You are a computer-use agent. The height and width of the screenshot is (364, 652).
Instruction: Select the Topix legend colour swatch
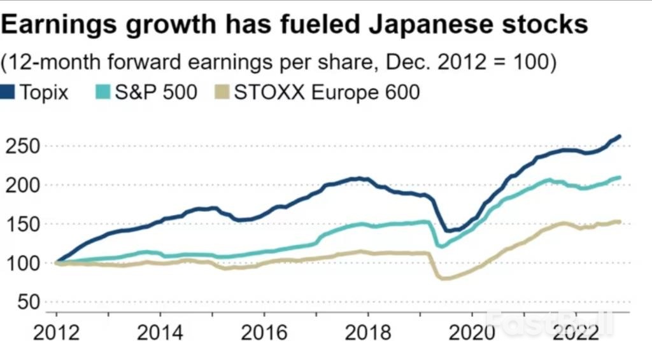[x=8, y=92]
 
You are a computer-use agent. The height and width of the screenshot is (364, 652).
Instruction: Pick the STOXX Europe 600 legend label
[x=327, y=92]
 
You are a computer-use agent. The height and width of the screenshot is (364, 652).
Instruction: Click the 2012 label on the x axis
[x=57, y=332]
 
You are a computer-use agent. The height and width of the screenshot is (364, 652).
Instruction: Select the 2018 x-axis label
[x=368, y=332]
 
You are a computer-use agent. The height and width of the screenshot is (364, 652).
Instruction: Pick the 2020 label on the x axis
[x=472, y=332]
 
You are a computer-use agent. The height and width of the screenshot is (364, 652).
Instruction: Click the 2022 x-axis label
[x=576, y=332]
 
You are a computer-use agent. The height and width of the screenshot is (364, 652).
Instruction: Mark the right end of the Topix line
[x=620, y=136]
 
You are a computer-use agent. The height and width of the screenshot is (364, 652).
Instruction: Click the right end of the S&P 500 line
[x=620, y=178]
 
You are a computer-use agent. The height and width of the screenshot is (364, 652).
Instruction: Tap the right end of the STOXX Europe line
[x=620, y=222]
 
